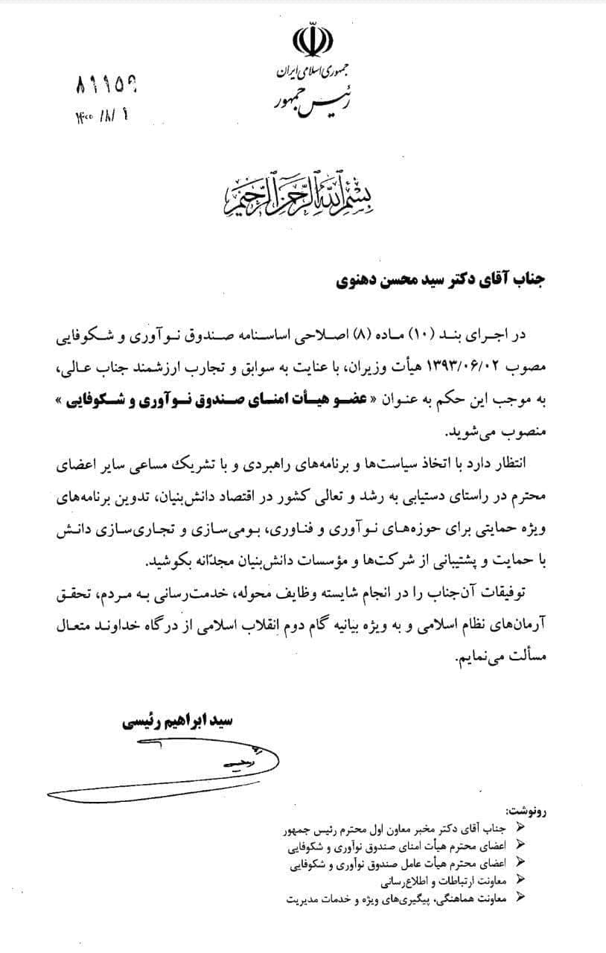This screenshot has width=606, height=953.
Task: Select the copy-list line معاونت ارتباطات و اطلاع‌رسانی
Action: [x=447, y=881]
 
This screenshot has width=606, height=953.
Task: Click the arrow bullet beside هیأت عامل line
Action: [x=520, y=864]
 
